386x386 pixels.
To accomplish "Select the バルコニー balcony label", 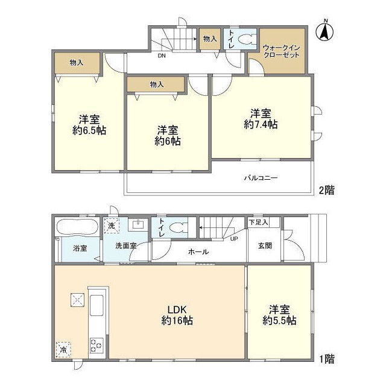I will (x=261, y=179).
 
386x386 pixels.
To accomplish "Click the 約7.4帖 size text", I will (x=261, y=124).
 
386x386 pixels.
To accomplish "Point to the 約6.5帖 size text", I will (x=89, y=130).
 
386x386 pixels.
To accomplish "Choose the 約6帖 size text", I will (x=167, y=141).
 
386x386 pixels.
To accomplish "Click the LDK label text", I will (x=176, y=309).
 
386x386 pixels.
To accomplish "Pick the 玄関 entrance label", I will (x=265, y=245).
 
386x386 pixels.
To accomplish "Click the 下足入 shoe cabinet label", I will (x=258, y=222).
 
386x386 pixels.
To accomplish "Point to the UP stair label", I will (x=233, y=239).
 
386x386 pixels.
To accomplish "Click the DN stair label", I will (x=162, y=55).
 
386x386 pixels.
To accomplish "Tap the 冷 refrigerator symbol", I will (x=63, y=349).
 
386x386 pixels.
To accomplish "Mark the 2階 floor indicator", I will (x=326, y=189).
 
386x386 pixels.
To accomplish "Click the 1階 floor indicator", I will (x=326, y=359).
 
